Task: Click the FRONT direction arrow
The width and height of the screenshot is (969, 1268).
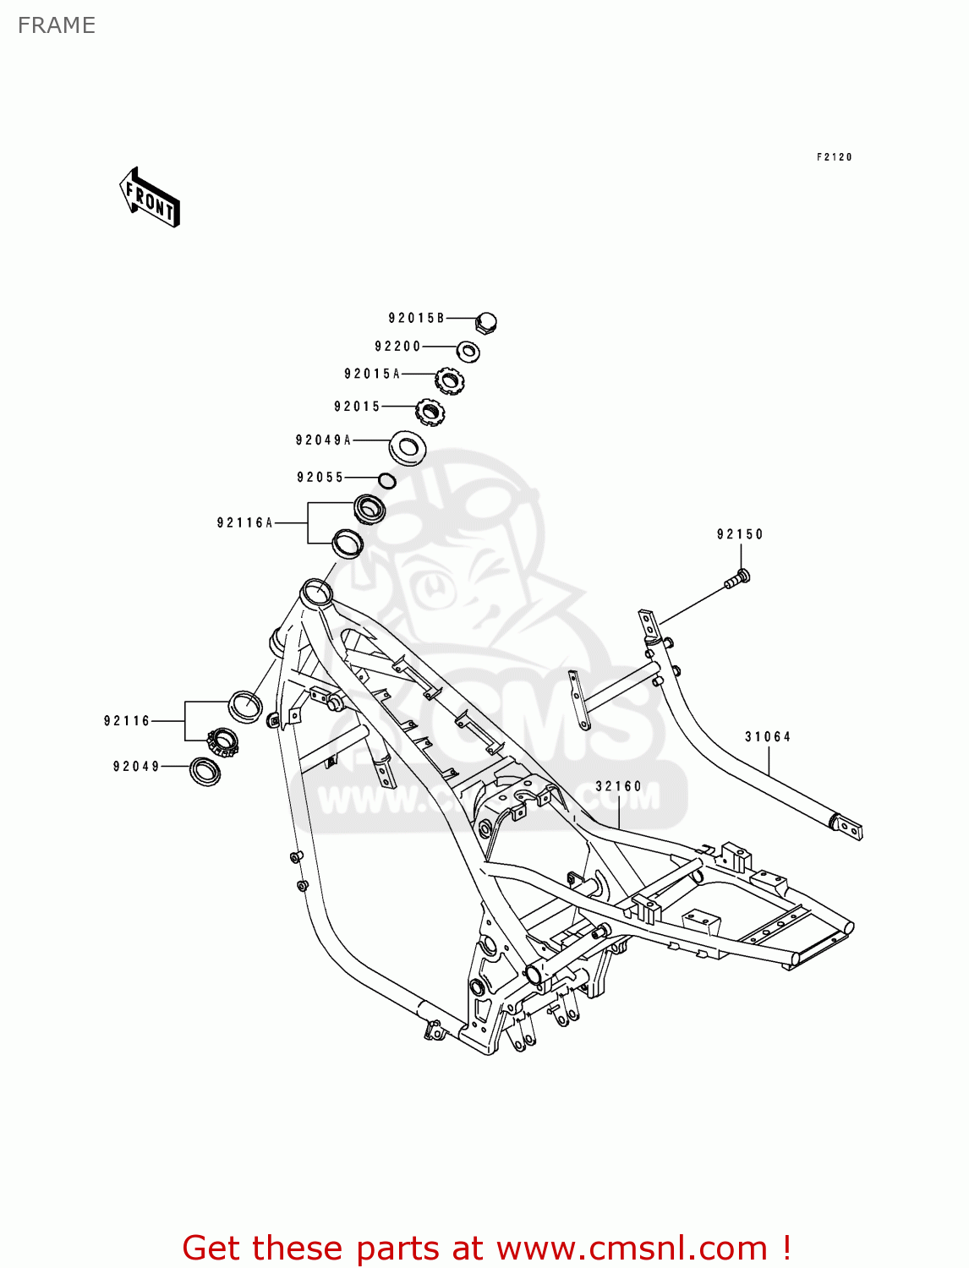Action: pos(150,198)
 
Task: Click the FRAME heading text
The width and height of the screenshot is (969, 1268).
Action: pos(57,25)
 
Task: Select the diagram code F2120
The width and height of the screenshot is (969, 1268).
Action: pos(834,157)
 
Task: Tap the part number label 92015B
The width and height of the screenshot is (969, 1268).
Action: pos(416,318)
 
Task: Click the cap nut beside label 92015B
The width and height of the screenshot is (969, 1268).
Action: pos(486,322)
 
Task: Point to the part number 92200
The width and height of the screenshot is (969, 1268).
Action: pos(397,346)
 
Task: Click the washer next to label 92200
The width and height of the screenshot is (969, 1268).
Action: pos(468,351)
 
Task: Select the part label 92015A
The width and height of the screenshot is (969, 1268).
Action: pos(372,374)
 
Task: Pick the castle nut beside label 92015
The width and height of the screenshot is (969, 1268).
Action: pos(430,412)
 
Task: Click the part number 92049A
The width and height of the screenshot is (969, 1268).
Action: pos(323,440)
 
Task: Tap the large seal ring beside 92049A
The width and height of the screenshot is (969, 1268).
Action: pos(408,448)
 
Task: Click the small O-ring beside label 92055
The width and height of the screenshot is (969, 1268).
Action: pos(387,481)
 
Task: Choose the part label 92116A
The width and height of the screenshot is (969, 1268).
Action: pos(245,522)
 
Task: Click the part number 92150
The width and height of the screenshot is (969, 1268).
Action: pos(740,534)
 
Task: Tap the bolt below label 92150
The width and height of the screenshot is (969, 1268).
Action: pos(737,580)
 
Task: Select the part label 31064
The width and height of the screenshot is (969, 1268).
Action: pos(768,736)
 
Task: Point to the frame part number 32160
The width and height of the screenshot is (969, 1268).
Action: pos(619,785)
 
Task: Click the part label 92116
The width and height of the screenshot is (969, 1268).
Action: pos(127,720)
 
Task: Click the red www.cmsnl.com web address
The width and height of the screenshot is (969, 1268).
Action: pos(632,1248)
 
